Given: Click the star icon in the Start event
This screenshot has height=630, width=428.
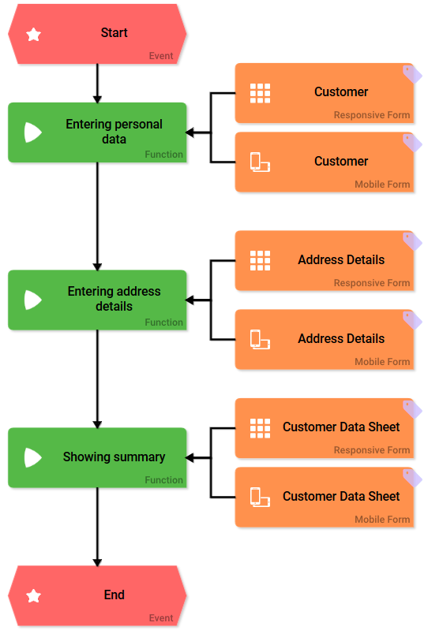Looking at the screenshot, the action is pyautogui.click(x=33, y=35).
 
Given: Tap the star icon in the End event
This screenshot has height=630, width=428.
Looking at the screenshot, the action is pyautogui.click(x=33, y=596).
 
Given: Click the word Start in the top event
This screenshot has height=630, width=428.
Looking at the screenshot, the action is pyautogui.click(x=115, y=32).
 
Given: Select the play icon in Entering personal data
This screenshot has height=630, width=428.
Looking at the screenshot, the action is pyautogui.click(x=33, y=132).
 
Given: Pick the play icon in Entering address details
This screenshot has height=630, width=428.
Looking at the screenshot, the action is pyautogui.click(x=33, y=300).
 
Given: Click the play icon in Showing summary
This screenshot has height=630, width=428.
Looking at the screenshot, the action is pyautogui.click(x=33, y=457).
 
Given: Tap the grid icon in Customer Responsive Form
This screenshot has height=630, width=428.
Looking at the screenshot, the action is pyautogui.click(x=261, y=93).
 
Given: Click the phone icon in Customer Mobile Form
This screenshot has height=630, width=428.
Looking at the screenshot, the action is pyautogui.click(x=261, y=162).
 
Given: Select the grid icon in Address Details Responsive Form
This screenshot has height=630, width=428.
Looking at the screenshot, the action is pyautogui.click(x=261, y=261).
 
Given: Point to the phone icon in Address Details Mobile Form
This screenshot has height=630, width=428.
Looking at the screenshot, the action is pyautogui.click(x=261, y=340).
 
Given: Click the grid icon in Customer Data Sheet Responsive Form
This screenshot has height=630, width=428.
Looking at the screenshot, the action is pyautogui.click(x=261, y=428).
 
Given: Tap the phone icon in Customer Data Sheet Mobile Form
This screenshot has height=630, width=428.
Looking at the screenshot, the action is pyautogui.click(x=261, y=497).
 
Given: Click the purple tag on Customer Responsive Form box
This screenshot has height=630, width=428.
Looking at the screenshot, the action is pyautogui.click(x=412, y=74).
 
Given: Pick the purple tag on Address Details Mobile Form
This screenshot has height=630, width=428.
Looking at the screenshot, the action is pyautogui.click(x=412, y=321).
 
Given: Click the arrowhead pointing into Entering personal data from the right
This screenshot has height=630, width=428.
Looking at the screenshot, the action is pyautogui.click(x=190, y=132).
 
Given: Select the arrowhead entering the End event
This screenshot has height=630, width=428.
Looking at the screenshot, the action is pyautogui.click(x=97, y=562).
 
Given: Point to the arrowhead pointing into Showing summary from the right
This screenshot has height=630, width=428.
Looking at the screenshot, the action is pyautogui.click(x=190, y=457).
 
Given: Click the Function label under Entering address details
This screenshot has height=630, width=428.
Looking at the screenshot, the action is pyautogui.click(x=163, y=322).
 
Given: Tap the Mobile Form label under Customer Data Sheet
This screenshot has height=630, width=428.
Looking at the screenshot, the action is pyautogui.click(x=382, y=520).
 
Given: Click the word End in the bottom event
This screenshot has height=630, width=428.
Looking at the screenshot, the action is pyautogui.click(x=115, y=595).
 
